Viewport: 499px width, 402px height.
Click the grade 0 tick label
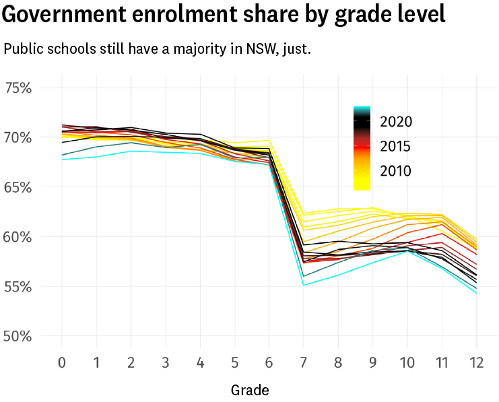coord(62,363)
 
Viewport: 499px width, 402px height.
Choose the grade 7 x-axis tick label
coord(304,363)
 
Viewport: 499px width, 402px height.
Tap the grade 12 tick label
coord(476,363)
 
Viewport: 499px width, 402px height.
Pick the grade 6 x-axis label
coord(269,363)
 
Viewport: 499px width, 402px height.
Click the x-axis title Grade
coord(250,390)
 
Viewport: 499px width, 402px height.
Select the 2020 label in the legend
coord(396,122)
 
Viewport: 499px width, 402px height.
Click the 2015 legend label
coord(396,147)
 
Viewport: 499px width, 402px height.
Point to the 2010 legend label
coord(396,171)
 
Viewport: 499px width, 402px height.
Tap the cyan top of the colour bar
coord(362,108)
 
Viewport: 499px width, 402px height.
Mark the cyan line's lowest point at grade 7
coord(304,285)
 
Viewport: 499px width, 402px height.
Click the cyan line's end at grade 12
coord(476,293)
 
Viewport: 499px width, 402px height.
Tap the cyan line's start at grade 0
coord(62,160)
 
